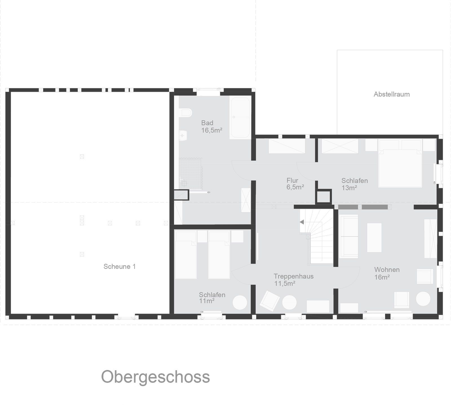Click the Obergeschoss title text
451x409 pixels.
pyautogui.click(x=155, y=377)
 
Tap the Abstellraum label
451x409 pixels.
pyautogui.click(x=392, y=94)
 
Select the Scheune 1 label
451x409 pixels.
pyautogui.click(x=120, y=266)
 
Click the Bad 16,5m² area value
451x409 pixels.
pyautogui.click(x=212, y=130)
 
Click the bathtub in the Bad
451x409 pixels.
pyautogui.click(x=240, y=118)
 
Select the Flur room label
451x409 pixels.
pyautogui.click(x=292, y=180)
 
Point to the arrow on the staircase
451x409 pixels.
pyautogui.click(x=302, y=222)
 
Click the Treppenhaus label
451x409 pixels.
pyautogui.click(x=293, y=276)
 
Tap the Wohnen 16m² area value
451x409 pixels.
pyautogui.click(x=382, y=277)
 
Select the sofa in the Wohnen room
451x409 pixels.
pyautogui.click(x=349, y=236)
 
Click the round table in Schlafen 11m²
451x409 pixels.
pyautogui.click(x=240, y=303)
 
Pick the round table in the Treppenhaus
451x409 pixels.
pyautogui.click(x=289, y=303)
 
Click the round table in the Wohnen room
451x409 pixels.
pyautogui.click(x=423, y=299)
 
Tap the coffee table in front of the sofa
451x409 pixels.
pyautogui.click(x=374, y=238)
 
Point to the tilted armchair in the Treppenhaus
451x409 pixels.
pyautogui.click(x=270, y=301)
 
